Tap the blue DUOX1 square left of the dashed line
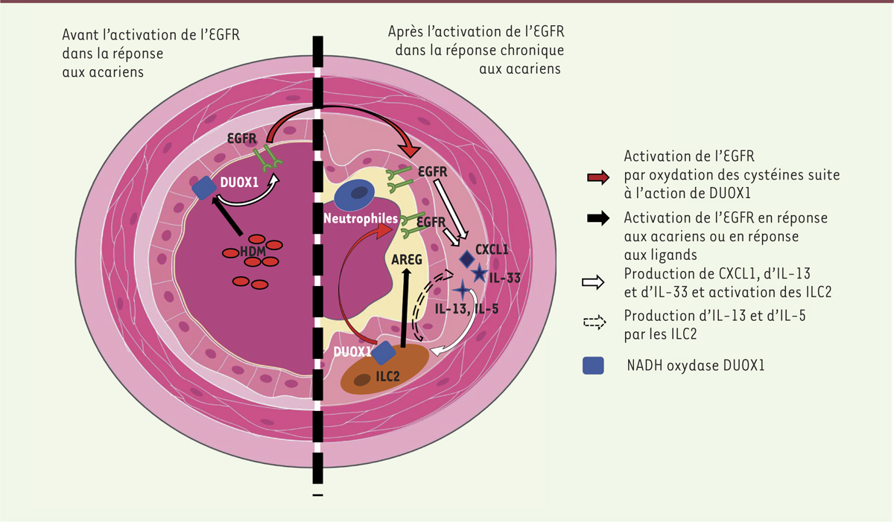click(x=203, y=188)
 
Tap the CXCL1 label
click(x=491, y=249)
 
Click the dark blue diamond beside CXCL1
click(x=467, y=259)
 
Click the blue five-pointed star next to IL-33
click(x=479, y=273)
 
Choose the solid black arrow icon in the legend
click(x=598, y=219)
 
